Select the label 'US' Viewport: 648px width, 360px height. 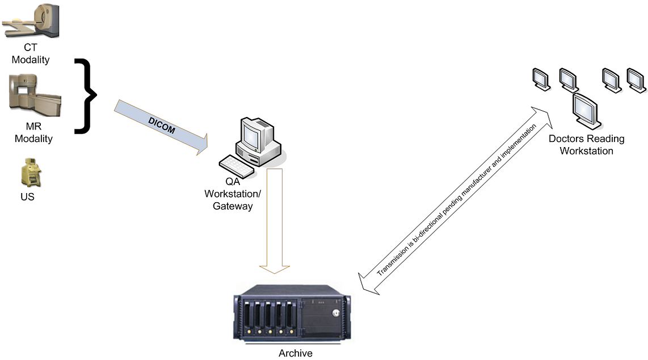27,197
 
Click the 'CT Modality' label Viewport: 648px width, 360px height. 31,54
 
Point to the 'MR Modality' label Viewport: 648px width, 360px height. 33,133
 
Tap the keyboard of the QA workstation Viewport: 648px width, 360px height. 237,165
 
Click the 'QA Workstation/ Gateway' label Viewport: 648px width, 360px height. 233,194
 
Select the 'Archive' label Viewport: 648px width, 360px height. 295,353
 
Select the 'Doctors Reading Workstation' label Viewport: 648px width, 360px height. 586,145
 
